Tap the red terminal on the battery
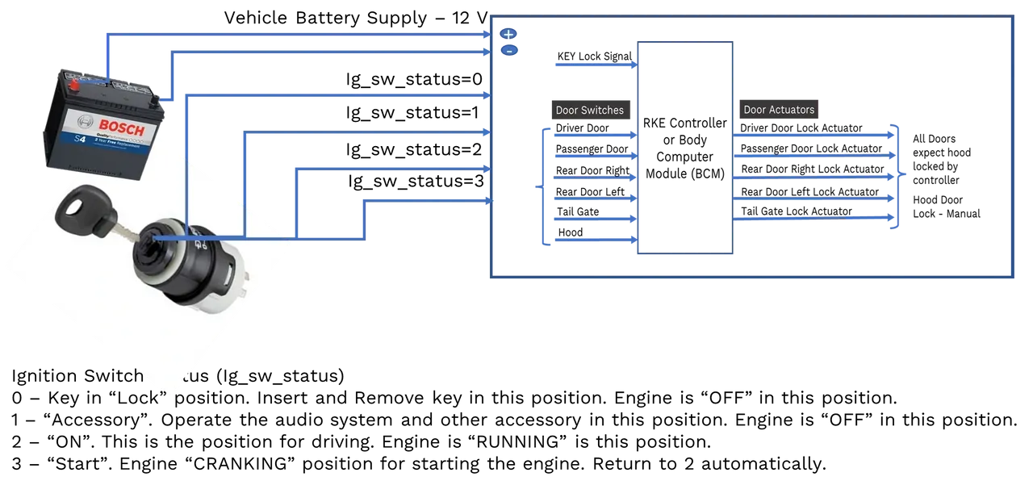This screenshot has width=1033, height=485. coord(75,85)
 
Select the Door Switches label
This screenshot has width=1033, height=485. coord(589,110)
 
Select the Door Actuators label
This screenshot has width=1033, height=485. coord(779,109)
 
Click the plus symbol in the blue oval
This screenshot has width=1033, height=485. coord(508,34)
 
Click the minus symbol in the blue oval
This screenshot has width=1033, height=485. coord(509,51)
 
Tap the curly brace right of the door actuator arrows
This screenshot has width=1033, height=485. coord(899,175)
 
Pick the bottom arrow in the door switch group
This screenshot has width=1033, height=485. coord(595,240)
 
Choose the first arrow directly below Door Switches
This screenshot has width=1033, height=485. coord(595,136)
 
